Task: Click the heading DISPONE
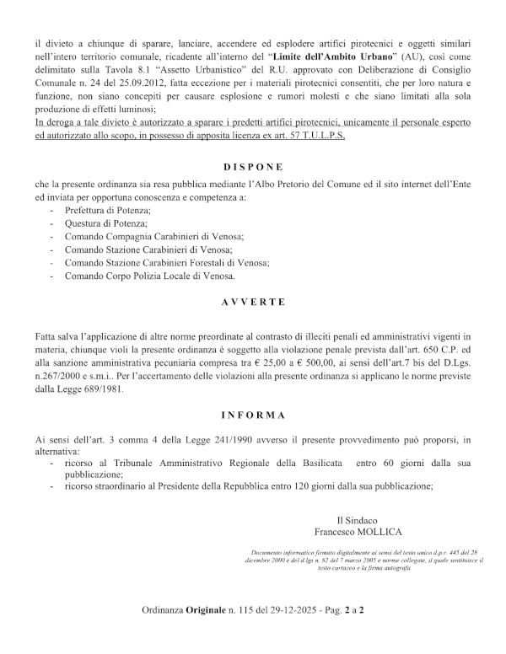click(253, 168)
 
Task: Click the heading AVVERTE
click(253, 302)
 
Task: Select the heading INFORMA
click(253, 415)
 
